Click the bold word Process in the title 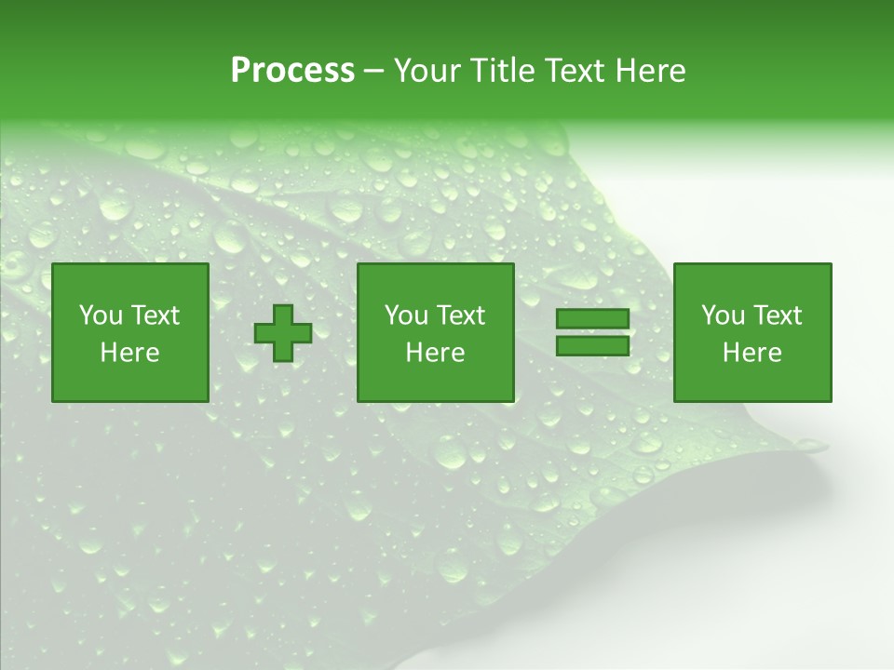(292, 71)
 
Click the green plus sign (283, 333)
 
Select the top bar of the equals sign (592, 319)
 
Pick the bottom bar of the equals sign (592, 346)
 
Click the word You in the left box (100, 315)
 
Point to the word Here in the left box (129, 353)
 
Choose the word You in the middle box (406, 315)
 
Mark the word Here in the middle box (435, 353)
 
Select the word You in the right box (723, 315)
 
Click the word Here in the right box (752, 353)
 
